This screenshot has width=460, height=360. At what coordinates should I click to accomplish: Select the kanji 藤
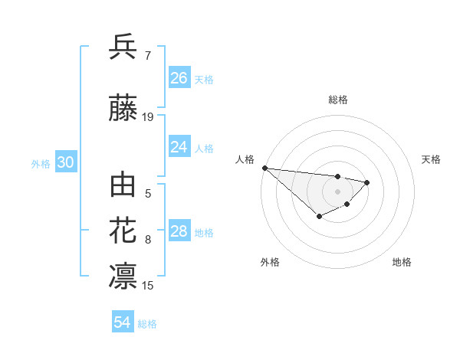[123, 109]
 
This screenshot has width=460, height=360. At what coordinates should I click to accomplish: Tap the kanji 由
[123, 185]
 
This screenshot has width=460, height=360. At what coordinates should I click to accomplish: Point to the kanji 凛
[123, 277]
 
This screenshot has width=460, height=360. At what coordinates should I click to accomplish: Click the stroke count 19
[148, 117]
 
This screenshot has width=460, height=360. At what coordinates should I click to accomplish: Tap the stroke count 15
[148, 286]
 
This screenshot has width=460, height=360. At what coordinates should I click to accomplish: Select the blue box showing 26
[179, 78]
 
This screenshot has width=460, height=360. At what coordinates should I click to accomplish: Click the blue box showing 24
[179, 147]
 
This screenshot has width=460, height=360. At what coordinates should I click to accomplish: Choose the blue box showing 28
[179, 231]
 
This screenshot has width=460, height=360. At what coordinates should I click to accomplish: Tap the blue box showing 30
[65, 162]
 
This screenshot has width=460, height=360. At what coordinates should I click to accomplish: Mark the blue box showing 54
[123, 323]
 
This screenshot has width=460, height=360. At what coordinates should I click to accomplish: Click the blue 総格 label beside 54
[147, 324]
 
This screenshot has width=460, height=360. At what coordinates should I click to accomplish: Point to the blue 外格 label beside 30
[41, 163]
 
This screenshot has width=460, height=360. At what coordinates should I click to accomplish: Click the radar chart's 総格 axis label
[338, 100]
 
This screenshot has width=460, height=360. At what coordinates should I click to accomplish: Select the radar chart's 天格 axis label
[432, 159]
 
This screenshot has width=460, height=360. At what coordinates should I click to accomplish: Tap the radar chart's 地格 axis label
[402, 262]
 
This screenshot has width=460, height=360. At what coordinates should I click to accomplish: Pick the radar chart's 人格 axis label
[245, 159]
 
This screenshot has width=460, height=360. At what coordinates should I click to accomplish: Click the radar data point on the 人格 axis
[264, 168]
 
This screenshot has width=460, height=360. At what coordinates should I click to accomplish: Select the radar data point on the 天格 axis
[367, 182]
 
